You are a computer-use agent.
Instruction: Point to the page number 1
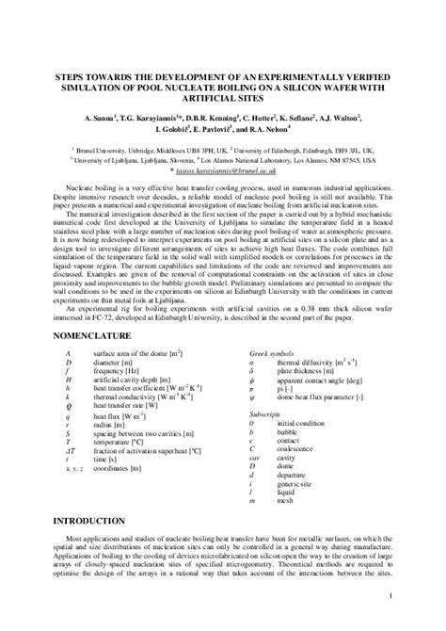click(x=416, y=597)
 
